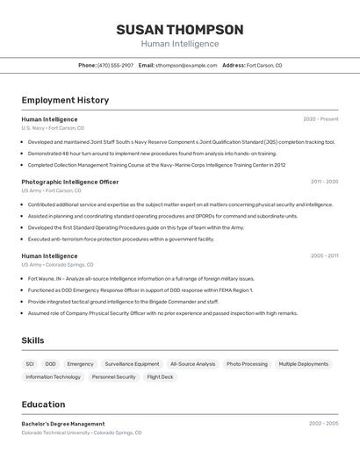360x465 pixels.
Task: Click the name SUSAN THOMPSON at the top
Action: click(x=179, y=29)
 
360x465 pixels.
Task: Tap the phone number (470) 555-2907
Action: click(x=115, y=65)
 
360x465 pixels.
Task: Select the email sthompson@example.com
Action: click(x=186, y=65)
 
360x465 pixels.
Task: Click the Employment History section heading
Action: click(x=65, y=100)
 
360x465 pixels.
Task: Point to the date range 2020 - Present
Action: click(x=320, y=119)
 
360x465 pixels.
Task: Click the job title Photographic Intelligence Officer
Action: click(x=70, y=182)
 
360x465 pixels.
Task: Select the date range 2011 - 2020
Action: click(x=324, y=182)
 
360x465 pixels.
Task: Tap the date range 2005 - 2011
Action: click(x=324, y=256)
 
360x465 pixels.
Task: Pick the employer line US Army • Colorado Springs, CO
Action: click(x=57, y=264)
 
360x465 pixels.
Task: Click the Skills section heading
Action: click(x=32, y=340)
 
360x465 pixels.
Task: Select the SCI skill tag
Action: click(x=30, y=363)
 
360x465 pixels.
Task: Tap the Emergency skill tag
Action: click(x=80, y=363)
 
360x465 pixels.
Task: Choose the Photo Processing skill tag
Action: click(x=247, y=363)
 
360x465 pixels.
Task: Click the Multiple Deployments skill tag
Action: click(x=303, y=363)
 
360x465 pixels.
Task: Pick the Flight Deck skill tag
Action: click(x=160, y=377)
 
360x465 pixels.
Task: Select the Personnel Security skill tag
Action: click(x=114, y=377)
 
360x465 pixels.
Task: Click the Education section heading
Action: click(x=43, y=404)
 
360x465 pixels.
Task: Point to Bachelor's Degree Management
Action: click(x=63, y=424)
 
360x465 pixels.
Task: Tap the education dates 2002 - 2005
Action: click(x=323, y=423)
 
